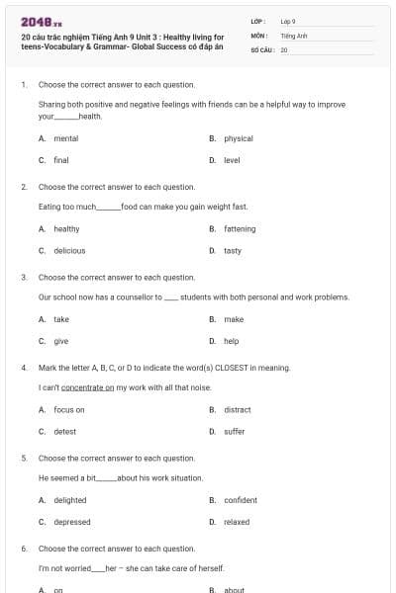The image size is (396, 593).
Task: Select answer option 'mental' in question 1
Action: point(66,138)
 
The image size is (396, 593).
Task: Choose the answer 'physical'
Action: point(239,138)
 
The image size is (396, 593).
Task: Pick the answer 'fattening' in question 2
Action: point(240,229)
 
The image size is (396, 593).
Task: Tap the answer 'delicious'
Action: point(69,251)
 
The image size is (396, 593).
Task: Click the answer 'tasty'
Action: point(233,251)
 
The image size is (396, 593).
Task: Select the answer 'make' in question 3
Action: point(234,319)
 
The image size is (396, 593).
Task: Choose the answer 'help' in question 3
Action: point(232,341)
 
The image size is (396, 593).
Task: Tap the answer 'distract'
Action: point(238,409)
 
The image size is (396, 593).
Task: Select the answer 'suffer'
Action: point(235,431)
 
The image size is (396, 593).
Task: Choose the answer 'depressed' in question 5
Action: point(72,522)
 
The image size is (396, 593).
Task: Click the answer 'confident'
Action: point(241,500)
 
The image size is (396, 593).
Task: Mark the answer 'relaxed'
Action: point(237,522)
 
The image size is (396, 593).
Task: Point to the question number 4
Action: point(23,367)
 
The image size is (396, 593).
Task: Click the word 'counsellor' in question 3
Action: point(142,296)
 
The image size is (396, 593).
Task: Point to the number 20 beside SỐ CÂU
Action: point(284,48)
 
